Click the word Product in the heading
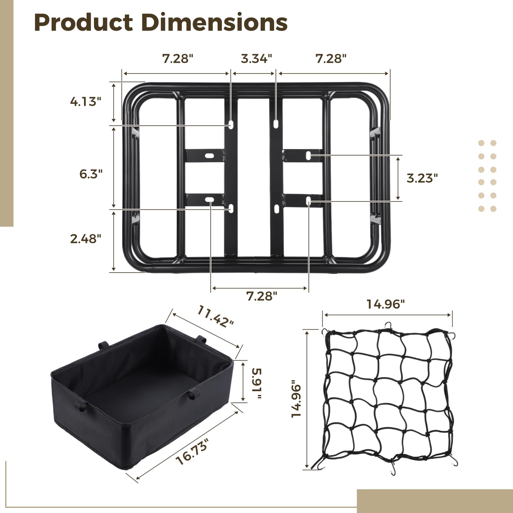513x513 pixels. tap(83, 22)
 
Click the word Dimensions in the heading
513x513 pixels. tap(214, 22)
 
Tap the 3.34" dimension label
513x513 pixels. tap(256, 59)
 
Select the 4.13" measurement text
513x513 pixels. tap(86, 102)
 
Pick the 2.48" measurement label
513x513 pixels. tap(86, 239)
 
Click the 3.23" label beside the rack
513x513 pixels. tap(422, 178)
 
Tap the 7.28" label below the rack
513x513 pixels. tap(262, 296)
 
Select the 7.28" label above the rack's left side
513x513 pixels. tap(178, 59)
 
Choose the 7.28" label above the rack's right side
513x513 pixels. tap(331, 59)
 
